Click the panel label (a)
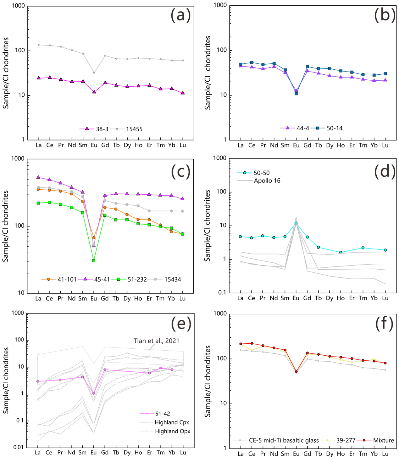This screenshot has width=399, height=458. [180, 15]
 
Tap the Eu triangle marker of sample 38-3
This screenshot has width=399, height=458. [94, 92]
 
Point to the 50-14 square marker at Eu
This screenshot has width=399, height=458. [296, 94]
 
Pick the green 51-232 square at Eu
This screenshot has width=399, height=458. [94, 260]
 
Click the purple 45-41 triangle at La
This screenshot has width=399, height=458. [38, 177]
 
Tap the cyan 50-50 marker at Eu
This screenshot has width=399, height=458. [296, 223]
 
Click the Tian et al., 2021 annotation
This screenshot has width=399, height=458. [156, 341]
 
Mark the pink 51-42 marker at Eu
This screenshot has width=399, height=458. [93, 393]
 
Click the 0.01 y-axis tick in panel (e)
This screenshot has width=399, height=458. [18, 447]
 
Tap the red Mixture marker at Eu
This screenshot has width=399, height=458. [296, 372]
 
